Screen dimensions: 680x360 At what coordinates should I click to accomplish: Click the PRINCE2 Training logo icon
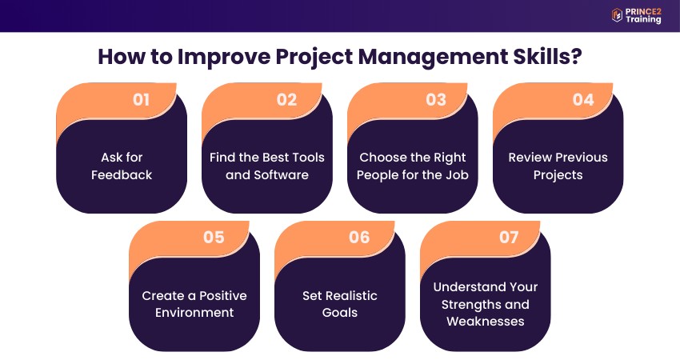[x=617, y=15]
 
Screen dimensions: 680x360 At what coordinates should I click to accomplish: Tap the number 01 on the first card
[x=141, y=100]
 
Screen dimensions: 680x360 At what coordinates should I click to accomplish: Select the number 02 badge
[x=286, y=100]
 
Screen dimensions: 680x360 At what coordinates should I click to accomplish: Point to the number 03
[x=436, y=100]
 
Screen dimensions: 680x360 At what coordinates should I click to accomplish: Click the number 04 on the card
[x=583, y=100]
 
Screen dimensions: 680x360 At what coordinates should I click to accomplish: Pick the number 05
[x=214, y=238]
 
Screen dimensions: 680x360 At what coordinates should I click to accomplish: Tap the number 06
[x=359, y=238]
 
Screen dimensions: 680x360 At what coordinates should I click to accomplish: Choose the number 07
[x=509, y=238]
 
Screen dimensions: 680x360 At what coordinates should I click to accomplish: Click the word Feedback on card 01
[x=122, y=174]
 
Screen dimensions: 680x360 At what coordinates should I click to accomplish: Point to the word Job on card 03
[x=458, y=174]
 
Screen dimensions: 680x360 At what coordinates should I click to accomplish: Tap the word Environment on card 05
[x=194, y=312]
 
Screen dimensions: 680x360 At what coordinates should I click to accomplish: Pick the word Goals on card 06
[x=339, y=312]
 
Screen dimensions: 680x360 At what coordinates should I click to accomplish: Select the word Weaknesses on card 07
[x=486, y=322]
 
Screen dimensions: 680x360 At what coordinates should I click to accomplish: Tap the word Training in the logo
[x=643, y=19]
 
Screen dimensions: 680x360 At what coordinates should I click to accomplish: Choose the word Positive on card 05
[x=223, y=295]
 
